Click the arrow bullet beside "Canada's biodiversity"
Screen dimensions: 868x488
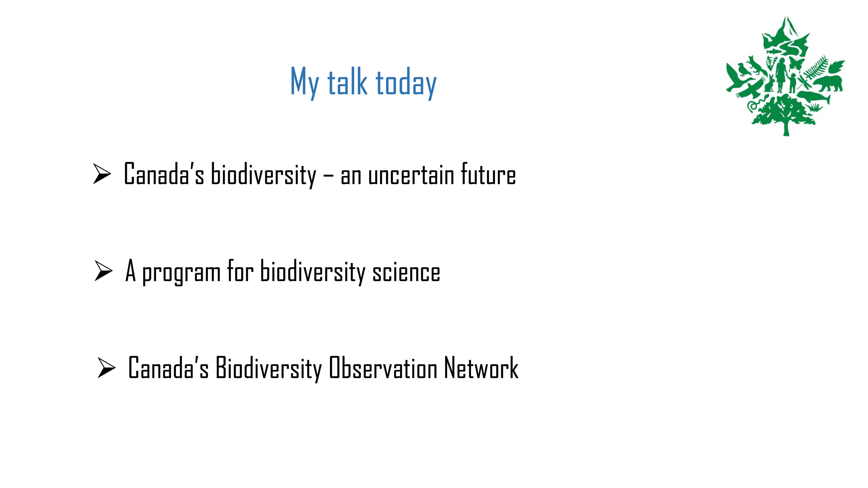click(102, 174)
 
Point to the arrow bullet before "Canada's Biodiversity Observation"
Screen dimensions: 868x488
click(106, 367)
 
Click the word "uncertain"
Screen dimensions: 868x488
click(411, 175)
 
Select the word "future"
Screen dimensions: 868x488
click(488, 174)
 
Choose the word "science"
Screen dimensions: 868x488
click(406, 272)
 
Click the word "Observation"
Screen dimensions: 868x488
click(383, 367)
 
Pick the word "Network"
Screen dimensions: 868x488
click(481, 367)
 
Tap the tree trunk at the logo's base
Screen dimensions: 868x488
click(786, 127)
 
